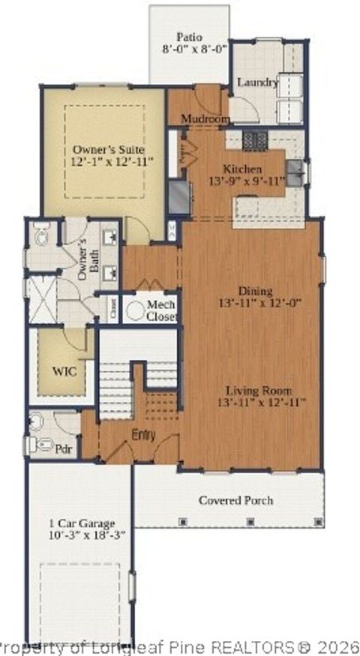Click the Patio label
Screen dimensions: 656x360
(190, 36)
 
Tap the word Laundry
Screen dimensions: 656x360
(257, 82)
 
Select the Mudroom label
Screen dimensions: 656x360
(204, 119)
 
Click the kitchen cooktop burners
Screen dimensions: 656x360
(256, 138)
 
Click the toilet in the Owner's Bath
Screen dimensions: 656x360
(42, 237)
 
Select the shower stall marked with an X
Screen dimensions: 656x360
(42, 299)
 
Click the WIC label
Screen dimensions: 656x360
(62, 370)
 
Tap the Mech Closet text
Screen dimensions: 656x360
(161, 310)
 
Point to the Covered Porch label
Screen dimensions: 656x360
(235, 500)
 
